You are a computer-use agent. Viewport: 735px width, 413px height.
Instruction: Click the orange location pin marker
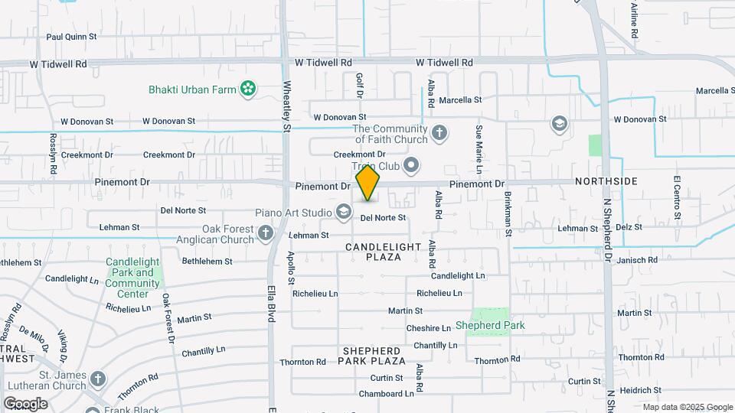368,183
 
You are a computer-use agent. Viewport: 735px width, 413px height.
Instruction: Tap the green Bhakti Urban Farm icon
247,89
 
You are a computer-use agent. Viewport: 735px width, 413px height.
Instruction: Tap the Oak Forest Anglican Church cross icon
266,233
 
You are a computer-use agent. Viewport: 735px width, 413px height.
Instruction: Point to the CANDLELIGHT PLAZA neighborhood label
384,252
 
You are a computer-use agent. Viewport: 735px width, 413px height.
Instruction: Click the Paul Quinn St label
71,36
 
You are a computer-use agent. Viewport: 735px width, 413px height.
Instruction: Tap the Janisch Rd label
636,260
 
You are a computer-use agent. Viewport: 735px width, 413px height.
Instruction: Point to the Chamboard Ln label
387,394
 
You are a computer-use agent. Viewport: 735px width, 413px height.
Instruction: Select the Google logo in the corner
25,403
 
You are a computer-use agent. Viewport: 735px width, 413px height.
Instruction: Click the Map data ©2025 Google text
687,407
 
